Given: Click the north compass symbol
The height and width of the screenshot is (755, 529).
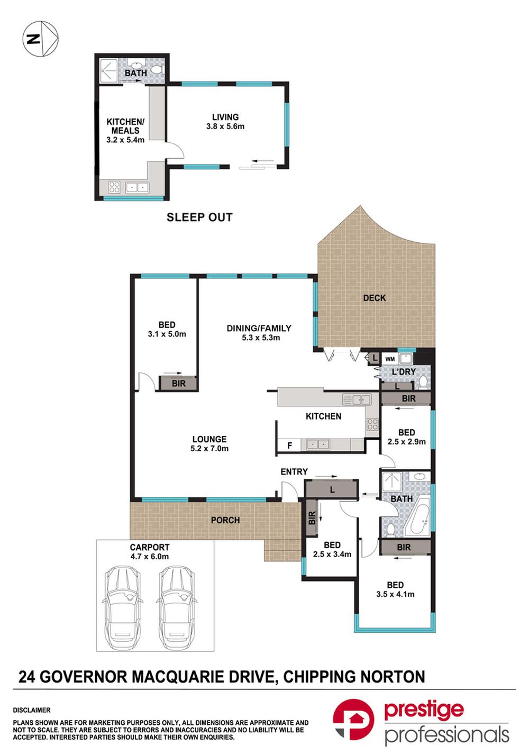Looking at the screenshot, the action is pos(40,39).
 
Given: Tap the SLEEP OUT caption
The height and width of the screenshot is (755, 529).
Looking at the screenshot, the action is pos(199,217).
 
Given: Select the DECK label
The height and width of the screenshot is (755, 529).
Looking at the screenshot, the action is pos(375,298).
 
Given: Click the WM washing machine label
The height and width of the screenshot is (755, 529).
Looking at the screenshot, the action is pos(390,359).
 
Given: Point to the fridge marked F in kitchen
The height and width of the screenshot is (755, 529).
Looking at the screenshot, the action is pos(290,445).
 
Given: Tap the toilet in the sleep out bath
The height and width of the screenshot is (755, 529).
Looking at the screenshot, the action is pos(157,69).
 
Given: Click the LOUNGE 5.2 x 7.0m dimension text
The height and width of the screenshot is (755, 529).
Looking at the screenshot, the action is pos(209,449).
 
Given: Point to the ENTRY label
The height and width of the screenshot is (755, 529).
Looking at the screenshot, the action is pos(294,472).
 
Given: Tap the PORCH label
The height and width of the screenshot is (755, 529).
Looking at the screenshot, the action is pos(225,520).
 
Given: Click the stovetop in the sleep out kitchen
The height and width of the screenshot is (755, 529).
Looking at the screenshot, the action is pos(114,187).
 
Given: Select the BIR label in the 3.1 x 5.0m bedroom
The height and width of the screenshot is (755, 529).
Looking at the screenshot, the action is pos(179,384).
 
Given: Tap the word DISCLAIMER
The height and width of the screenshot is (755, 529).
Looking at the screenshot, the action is pos(32,710).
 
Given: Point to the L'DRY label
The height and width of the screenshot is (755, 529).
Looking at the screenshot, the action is pos(404,372).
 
